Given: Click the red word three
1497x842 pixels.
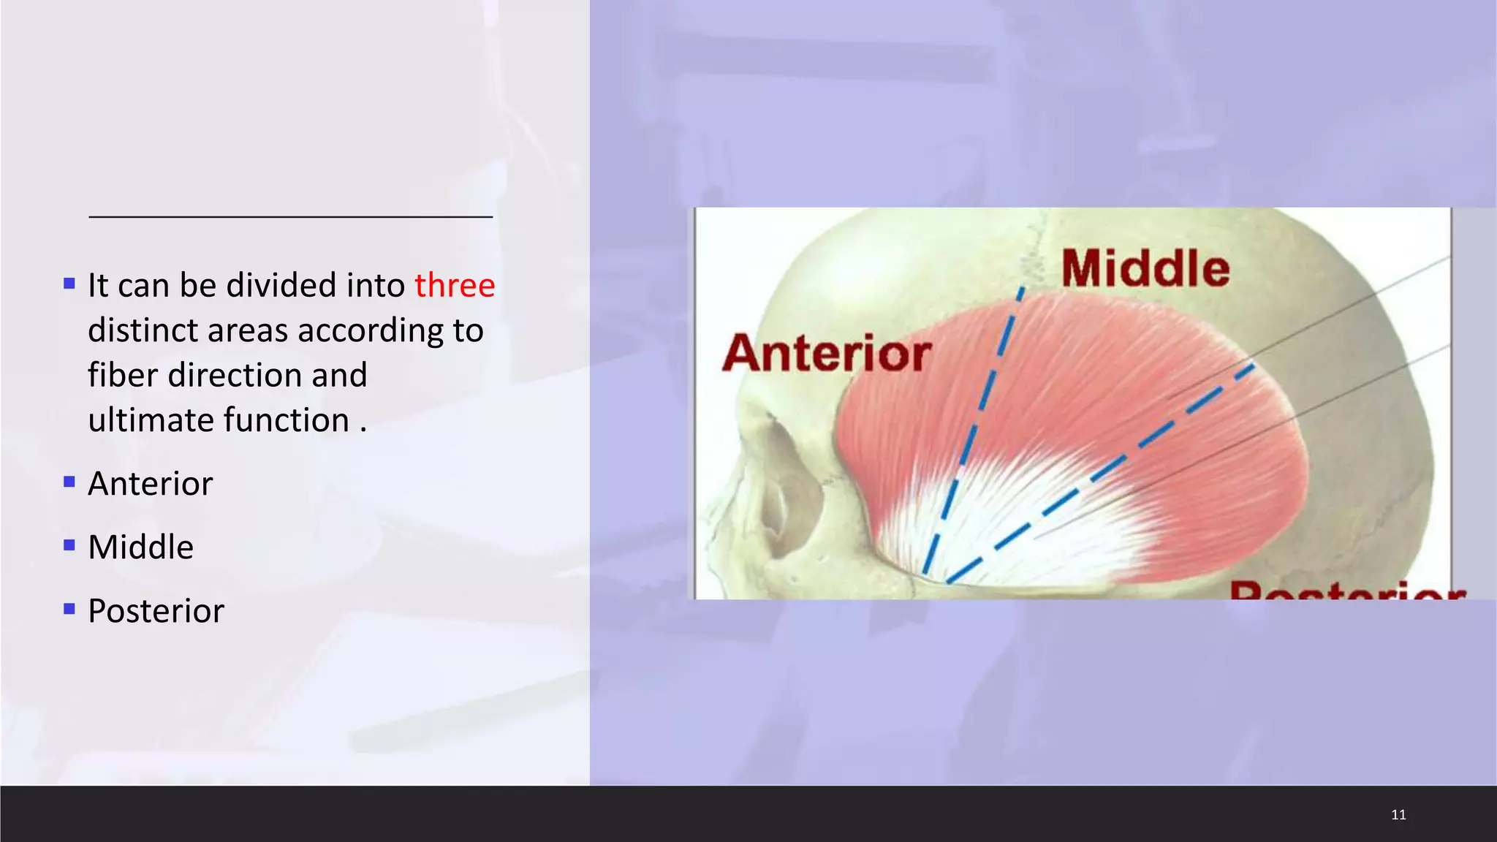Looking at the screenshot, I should coord(455,285).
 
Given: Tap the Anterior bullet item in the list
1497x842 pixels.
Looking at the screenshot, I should coord(150,484).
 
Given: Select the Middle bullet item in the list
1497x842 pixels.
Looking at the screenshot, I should coord(140,547).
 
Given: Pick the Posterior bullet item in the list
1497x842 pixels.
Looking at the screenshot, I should coord(156,611).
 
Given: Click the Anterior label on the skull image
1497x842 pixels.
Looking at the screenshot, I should coord(827,354).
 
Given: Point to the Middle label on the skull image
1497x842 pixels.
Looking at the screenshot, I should coord(1145,268).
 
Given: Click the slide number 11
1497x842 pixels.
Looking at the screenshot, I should coord(1398,814).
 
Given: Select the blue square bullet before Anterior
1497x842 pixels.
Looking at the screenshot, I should coord(69,482).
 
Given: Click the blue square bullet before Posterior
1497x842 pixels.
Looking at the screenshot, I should coord(69,609).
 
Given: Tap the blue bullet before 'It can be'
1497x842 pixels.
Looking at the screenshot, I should coord(69,284).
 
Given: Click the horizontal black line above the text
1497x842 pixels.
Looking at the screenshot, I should coord(290,216).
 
